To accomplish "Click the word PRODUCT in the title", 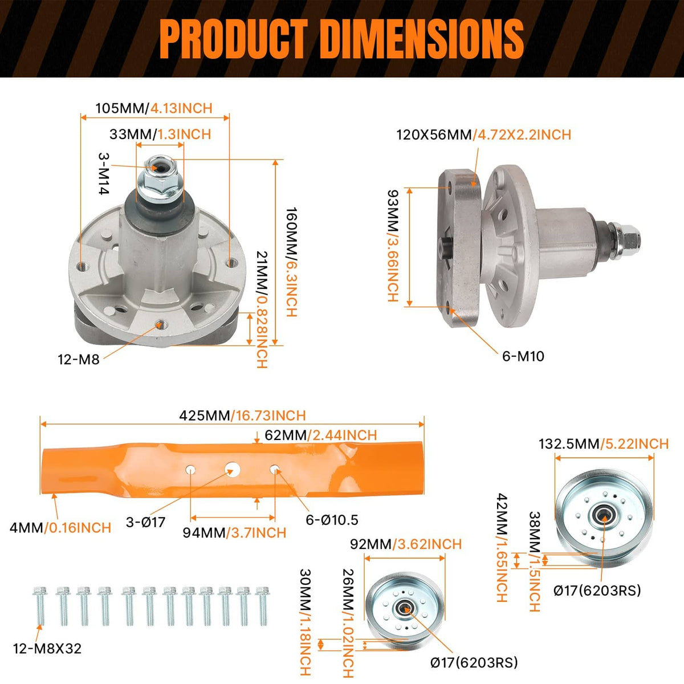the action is tap(233, 39).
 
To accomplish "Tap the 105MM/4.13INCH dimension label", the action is tap(154, 108).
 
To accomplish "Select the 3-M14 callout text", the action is tap(104, 174).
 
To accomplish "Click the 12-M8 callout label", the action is tap(79, 360).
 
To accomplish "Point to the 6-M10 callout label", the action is tap(523, 356).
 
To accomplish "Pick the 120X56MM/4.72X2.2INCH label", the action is tap(484, 135).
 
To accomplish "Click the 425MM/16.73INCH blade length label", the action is tap(242, 416).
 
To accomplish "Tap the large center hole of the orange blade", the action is tap(233, 469).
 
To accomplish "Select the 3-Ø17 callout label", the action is tap(145, 522).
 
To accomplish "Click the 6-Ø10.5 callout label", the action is tap(332, 520).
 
